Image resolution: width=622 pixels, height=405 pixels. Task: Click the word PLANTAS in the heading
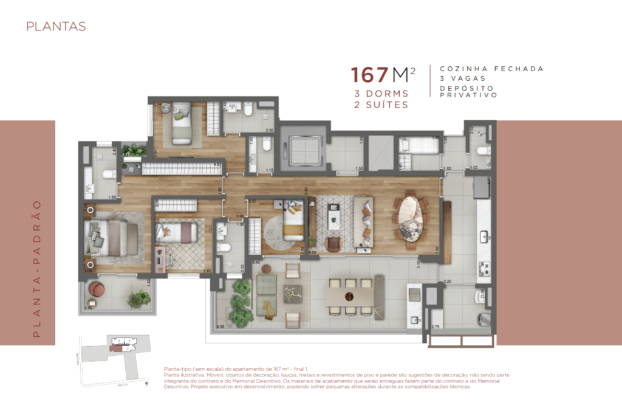coord(55,27)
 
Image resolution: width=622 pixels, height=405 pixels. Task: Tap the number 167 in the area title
coord(369,75)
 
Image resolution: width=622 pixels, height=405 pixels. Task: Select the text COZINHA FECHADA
coord(491,69)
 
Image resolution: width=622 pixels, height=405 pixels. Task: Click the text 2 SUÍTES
coord(381,105)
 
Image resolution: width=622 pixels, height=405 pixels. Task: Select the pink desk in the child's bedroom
coord(160,258)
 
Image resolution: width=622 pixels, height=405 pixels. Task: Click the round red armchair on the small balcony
coord(97,289)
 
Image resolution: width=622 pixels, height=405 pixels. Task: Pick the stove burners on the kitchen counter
coord(485,267)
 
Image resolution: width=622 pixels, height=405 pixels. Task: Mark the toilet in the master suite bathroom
coord(108,175)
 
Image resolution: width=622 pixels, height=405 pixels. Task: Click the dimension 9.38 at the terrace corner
coord(220,327)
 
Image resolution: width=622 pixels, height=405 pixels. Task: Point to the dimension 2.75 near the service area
coord(435,328)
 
